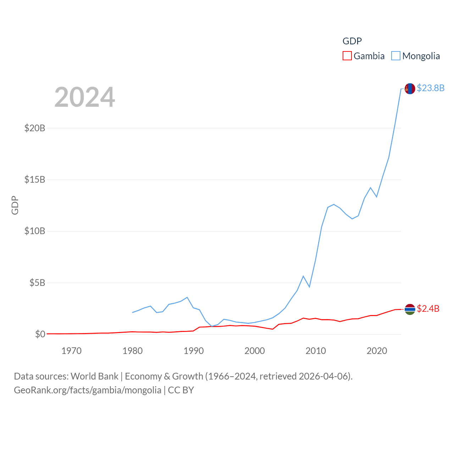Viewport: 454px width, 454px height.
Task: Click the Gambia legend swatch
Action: coord(347,56)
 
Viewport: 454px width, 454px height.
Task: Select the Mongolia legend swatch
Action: coord(396,56)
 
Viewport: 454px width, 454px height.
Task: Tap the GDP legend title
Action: coord(352,41)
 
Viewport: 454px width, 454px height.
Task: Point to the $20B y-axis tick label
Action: coord(35,128)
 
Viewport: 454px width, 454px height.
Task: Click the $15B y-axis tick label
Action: coord(35,179)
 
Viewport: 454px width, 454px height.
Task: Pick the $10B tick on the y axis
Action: coord(35,231)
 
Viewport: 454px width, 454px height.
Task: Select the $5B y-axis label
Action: coord(37,283)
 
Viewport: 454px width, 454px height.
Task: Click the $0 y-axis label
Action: coord(40,334)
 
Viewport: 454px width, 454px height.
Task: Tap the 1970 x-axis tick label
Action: coord(71,351)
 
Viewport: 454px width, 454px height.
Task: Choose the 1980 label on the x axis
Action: coord(132,351)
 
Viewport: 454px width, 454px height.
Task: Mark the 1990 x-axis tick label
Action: coord(193,351)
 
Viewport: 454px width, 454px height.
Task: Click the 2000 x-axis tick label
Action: coord(255,351)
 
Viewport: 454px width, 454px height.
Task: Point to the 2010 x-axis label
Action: coord(316,351)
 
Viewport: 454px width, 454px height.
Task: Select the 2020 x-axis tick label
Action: coord(377,351)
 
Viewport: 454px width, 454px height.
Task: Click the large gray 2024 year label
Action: coord(85,97)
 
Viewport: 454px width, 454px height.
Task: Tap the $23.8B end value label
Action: coord(431,88)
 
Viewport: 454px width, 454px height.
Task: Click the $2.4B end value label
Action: coord(428,309)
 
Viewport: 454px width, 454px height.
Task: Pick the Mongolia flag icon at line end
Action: coord(410,89)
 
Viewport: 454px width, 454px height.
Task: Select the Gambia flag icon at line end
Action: coord(410,309)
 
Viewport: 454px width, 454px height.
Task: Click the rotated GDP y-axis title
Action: coord(15,205)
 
